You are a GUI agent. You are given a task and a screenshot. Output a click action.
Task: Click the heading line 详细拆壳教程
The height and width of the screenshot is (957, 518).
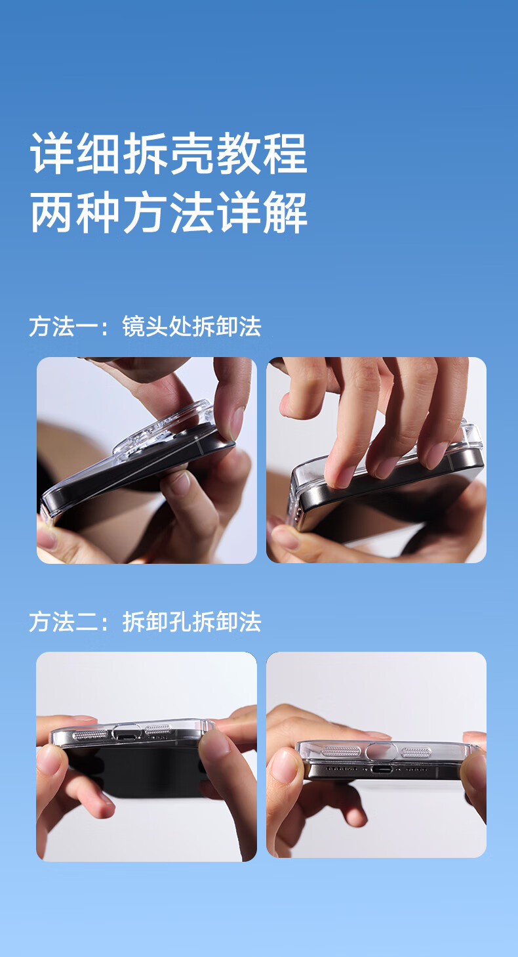[x=169, y=152]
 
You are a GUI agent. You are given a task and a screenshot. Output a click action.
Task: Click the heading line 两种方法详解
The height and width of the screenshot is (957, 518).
[x=169, y=212]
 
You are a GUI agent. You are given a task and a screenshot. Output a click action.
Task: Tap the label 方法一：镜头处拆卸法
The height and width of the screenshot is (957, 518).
[x=145, y=326]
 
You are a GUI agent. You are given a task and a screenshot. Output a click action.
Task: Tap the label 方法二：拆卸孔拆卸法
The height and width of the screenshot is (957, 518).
[x=145, y=622]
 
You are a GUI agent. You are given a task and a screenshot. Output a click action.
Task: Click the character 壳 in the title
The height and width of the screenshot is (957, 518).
[x=191, y=152]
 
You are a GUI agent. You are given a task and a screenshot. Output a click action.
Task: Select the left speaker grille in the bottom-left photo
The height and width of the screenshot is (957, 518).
[x=90, y=735]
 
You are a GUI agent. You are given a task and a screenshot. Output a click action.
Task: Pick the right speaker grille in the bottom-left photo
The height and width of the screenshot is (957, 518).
[x=158, y=729]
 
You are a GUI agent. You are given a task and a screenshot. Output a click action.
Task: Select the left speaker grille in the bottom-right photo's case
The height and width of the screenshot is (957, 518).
[x=340, y=751]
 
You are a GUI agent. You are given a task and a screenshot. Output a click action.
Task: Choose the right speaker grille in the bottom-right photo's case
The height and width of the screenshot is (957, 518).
[x=416, y=752]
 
